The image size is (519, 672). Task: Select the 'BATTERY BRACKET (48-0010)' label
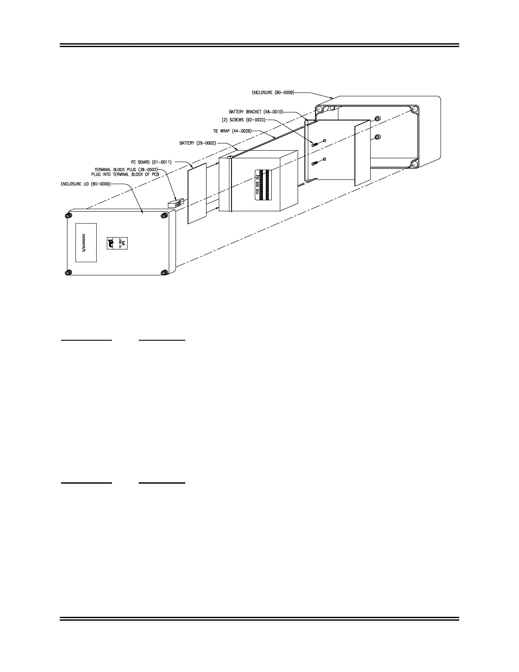[x=256, y=112]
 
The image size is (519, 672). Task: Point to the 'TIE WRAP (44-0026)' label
[x=232, y=131]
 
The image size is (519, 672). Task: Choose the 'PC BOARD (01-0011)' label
[x=151, y=162]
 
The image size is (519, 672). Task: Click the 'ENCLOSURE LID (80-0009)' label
[x=86, y=184]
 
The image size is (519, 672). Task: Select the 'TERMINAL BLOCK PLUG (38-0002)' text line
[x=126, y=169]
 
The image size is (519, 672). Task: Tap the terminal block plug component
[x=174, y=204]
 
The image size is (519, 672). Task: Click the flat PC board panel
[x=197, y=193]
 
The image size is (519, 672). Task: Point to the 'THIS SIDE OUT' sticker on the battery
[x=262, y=185]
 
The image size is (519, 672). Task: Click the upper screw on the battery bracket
[x=314, y=144]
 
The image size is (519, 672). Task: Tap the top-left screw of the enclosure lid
[x=68, y=216]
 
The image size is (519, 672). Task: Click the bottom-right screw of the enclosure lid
[x=164, y=272]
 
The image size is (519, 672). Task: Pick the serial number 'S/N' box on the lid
[x=86, y=243]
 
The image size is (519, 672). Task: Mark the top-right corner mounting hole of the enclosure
[x=414, y=109]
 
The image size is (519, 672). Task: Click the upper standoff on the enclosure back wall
[x=378, y=118]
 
